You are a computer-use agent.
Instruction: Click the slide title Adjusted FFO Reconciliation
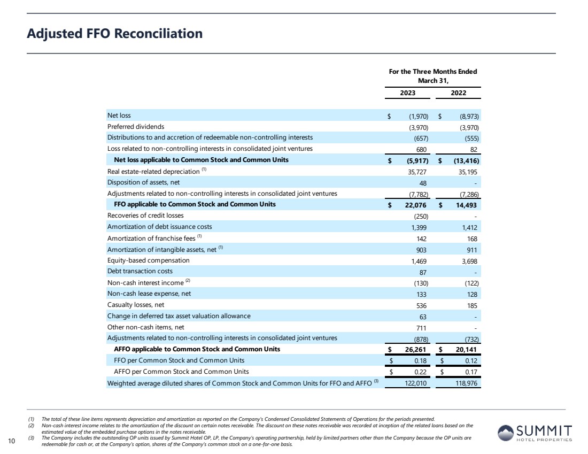[x=115, y=34]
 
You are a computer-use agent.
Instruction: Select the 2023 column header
[x=408, y=93]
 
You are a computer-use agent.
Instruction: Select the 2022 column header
[x=458, y=93]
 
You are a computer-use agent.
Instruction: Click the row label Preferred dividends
[x=136, y=127]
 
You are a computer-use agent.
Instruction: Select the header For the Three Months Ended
[x=433, y=71]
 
